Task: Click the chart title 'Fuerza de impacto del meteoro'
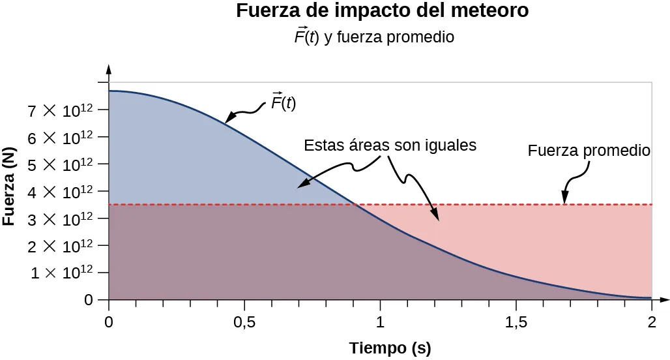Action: pos(382,12)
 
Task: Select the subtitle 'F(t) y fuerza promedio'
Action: pos(373,37)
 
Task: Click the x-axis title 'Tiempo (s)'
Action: pos(390,348)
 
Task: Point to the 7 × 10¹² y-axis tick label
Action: pos(63,111)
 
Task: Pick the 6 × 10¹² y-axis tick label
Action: pos(63,138)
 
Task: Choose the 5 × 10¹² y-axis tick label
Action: pos(63,165)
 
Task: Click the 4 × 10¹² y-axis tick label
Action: pos(63,192)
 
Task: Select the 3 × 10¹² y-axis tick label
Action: pos(63,219)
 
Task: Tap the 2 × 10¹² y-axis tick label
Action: pos(63,247)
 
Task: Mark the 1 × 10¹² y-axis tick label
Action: pos(63,274)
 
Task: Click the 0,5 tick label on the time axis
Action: pos(244,321)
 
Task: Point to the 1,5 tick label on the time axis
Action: pos(516,321)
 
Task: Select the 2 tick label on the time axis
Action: pos(651,321)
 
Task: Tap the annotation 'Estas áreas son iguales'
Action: pos(390,145)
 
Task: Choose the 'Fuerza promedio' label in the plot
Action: pos(589,151)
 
